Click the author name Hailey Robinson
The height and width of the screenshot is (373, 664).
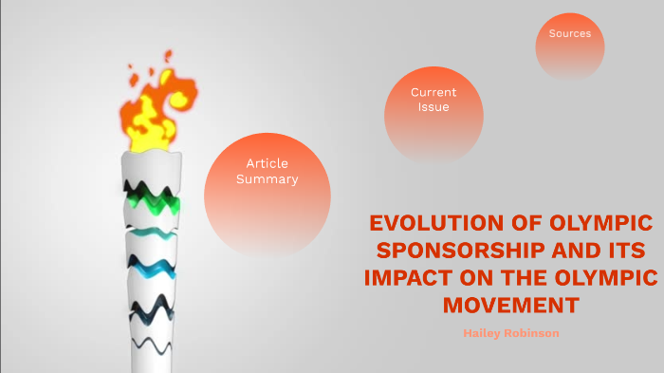point(510,333)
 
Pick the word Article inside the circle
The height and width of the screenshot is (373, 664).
point(267,164)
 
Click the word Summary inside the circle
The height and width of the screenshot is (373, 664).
point(267,179)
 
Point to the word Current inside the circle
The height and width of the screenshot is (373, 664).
point(433,92)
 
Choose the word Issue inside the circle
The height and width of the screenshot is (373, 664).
point(433,107)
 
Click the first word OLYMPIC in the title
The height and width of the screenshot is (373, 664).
point(599,224)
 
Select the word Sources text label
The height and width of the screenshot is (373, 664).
point(569,33)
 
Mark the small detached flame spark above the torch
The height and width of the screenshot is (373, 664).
point(168,56)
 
